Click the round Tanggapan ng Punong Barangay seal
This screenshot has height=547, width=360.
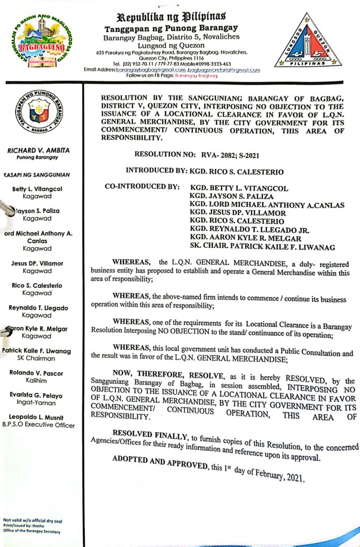pos(38,112)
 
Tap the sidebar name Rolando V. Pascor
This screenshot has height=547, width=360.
pos(37,373)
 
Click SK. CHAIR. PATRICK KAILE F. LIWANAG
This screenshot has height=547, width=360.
pos(265,246)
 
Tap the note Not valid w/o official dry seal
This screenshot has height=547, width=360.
pos(30,520)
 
